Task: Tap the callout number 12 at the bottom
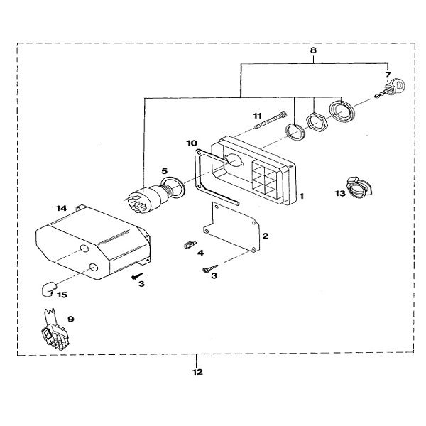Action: pyautogui.click(x=197, y=371)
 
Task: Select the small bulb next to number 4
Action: pyautogui.click(x=189, y=244)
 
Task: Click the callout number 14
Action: pyautogui.click(x=61, y=207)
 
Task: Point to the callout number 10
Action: pyautogui.click(x=192, y=143)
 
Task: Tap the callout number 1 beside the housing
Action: pyautogui.click(x=302, y=193)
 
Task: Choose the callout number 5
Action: pyautogui.click(x=164, y=171)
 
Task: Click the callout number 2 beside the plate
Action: pyautogui.click(x=264, y=235)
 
